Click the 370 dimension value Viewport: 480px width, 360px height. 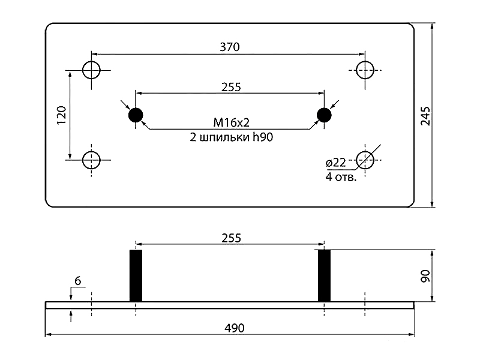230,47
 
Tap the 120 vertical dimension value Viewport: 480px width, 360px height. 62,115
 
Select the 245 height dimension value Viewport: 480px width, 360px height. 425,116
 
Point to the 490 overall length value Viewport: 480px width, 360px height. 235,328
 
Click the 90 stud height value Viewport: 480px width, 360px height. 425,276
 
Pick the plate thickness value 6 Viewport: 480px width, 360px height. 78,281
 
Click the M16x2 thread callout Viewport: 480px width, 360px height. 232,123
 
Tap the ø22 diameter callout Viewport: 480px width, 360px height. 336,163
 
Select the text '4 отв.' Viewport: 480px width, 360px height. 341,177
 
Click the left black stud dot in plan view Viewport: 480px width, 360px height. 136,115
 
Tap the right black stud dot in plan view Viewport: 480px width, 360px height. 324,115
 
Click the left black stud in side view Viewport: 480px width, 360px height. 136,276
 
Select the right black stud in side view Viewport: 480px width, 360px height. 324,276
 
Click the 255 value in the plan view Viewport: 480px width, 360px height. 231,87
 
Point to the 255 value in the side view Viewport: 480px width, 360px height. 231,238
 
